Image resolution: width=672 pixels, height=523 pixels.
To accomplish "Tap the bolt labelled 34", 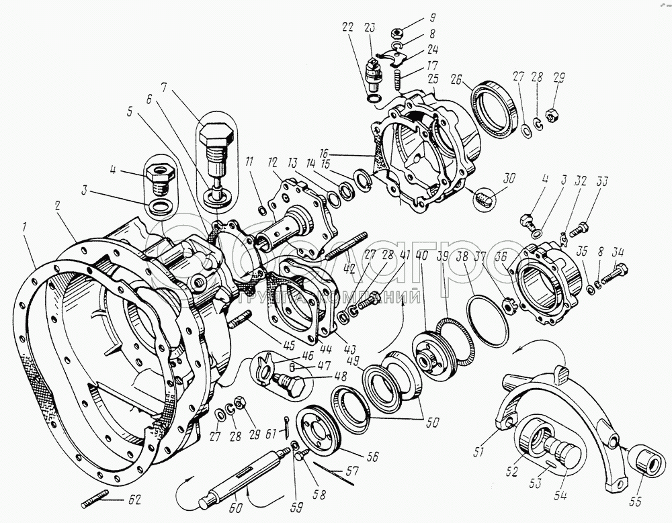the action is click(x=613, y=272).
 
